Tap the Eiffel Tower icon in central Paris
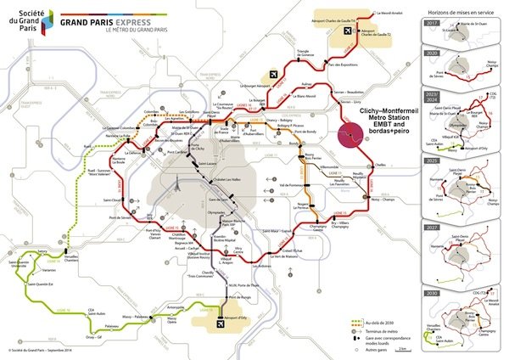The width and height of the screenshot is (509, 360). coord(176,184)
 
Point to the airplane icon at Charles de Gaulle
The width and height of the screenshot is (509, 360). coord(345,31)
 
